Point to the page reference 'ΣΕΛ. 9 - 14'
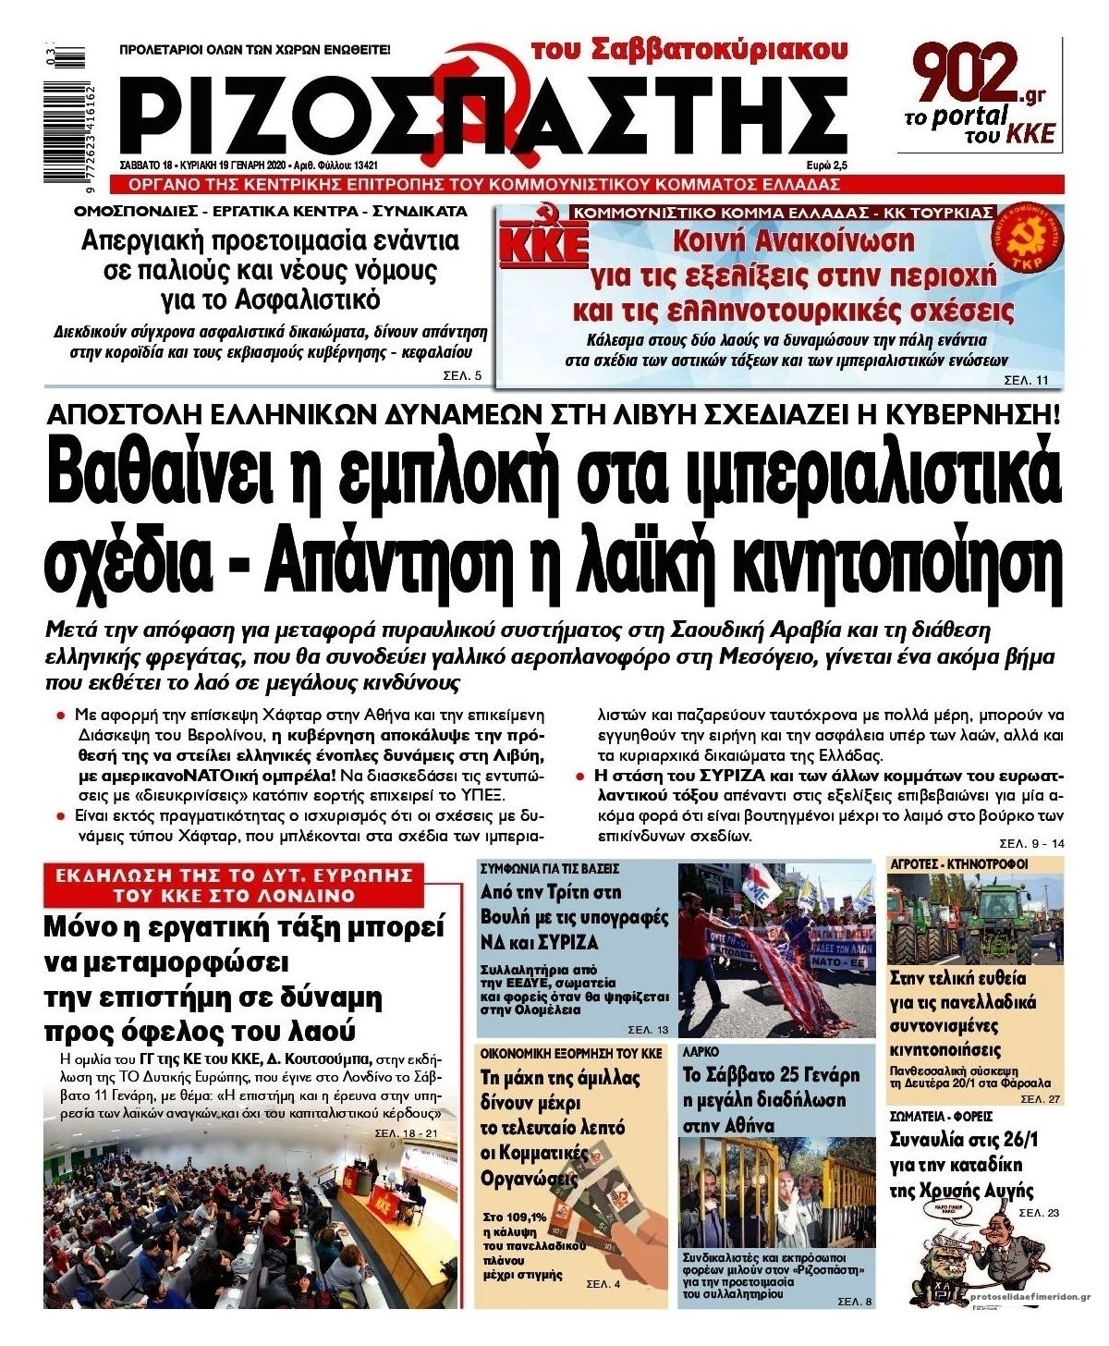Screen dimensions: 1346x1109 pyautogui.click(x=1031, y=844)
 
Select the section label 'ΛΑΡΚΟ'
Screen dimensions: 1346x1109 pyautogui.click(x=701, y=1052)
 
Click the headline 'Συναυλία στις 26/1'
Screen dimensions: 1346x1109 pyautogui.click(x=964, y=1139)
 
